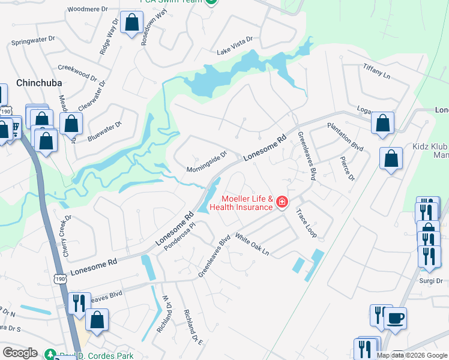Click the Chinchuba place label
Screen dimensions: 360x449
click(39, 83)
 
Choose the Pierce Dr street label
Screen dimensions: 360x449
click(347, 169)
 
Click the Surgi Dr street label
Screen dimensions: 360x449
click(430, 281)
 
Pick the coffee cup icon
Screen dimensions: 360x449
click(395, 318)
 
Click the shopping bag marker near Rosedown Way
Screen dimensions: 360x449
click(131, 24)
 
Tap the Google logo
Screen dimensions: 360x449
click(20, 353)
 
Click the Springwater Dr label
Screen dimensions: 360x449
click(34, 43)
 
